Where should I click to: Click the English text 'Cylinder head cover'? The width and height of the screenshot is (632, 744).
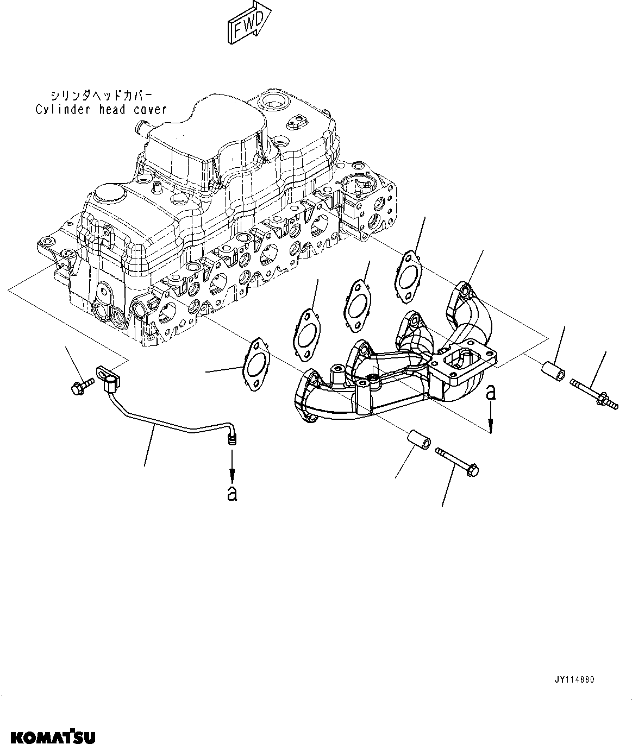(x=101, y=110)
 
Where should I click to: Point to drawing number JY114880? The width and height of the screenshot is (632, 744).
(x=575, y=679)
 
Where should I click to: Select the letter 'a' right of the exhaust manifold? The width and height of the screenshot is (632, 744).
(x=491, y=392)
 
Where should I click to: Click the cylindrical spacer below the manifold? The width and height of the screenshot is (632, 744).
(x=419, y=439)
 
